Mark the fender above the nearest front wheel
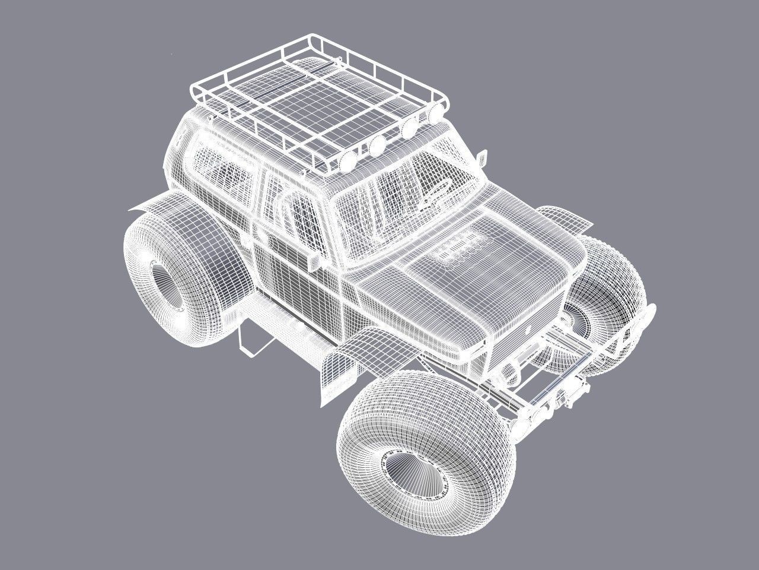350,359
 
